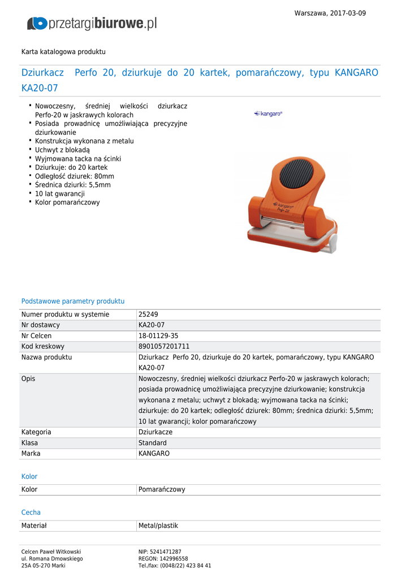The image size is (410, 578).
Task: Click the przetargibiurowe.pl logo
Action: (92, 23)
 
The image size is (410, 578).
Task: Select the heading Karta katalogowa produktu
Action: (63, 51)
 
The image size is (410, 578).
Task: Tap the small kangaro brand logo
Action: (268, 113)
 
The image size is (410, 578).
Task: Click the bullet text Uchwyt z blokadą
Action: (62, 150)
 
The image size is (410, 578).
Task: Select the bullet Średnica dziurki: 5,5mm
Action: (73, 185)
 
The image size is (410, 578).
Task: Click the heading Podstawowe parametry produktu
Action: (73, 301)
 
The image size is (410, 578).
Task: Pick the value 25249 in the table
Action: (148, 314)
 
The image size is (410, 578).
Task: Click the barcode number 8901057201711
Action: (164, 346)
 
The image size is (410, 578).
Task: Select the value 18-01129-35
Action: (158, 336)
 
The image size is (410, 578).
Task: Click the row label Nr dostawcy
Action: (41, 325)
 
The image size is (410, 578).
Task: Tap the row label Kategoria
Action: (36, 432)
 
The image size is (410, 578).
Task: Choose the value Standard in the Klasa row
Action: (153, 443)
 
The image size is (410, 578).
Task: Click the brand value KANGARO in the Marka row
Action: (154, 453)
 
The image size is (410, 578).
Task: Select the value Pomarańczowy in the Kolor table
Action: (162, 489)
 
